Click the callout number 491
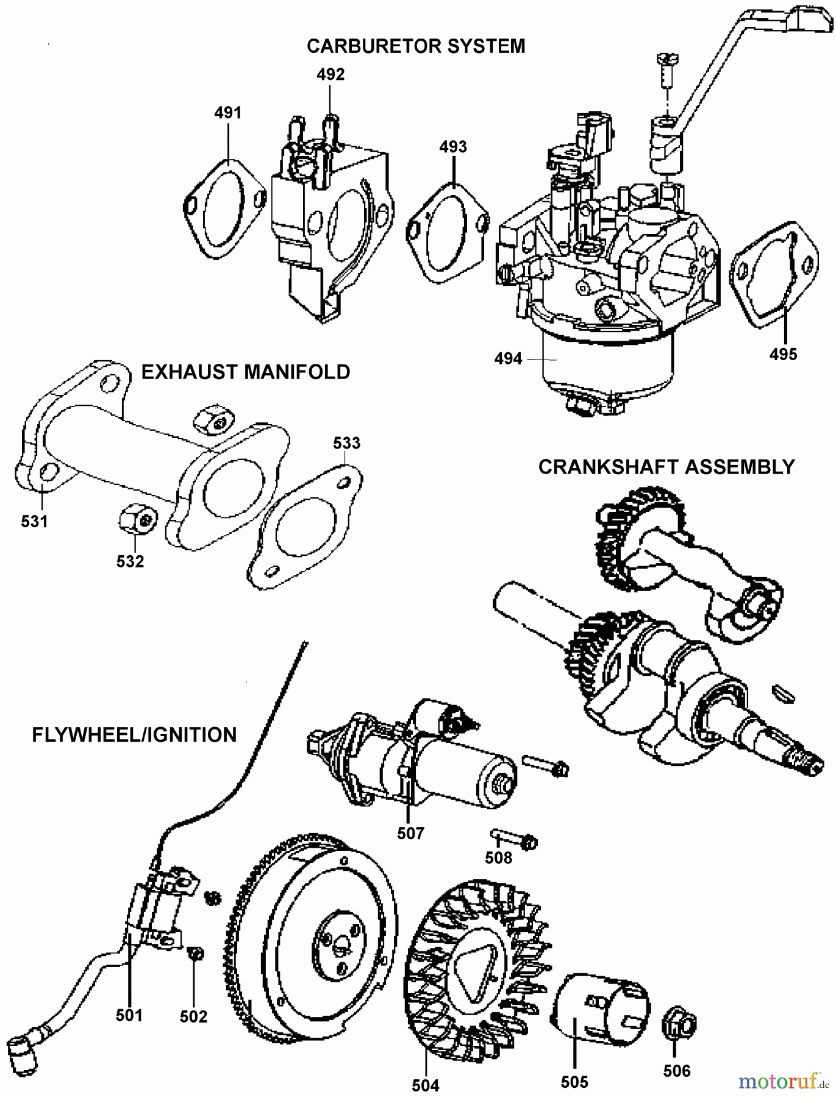pyautogui.click(x=227, y=113)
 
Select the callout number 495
pyautogui.click(x=783, y=354)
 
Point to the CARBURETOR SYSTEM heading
pyautogui.click(x=416, y=46)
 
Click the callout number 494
pyautogui.click(x=508, y=359)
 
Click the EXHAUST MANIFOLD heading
pyautogui.click(x=245, y=372)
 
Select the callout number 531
pyautogui.click(x=34, y=521)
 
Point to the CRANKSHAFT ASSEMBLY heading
pyautogui.click(x=666, y=467)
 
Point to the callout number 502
pyautogui.click(x=193, y=1016)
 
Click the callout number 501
pyautogui.click(x=129, y=1015)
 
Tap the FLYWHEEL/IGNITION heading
pyautogui.click(x=134, y=735)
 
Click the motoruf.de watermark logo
pyautogui.click(x=783, y=1081)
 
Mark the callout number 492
pyautogui.click(x=330, y=74)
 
